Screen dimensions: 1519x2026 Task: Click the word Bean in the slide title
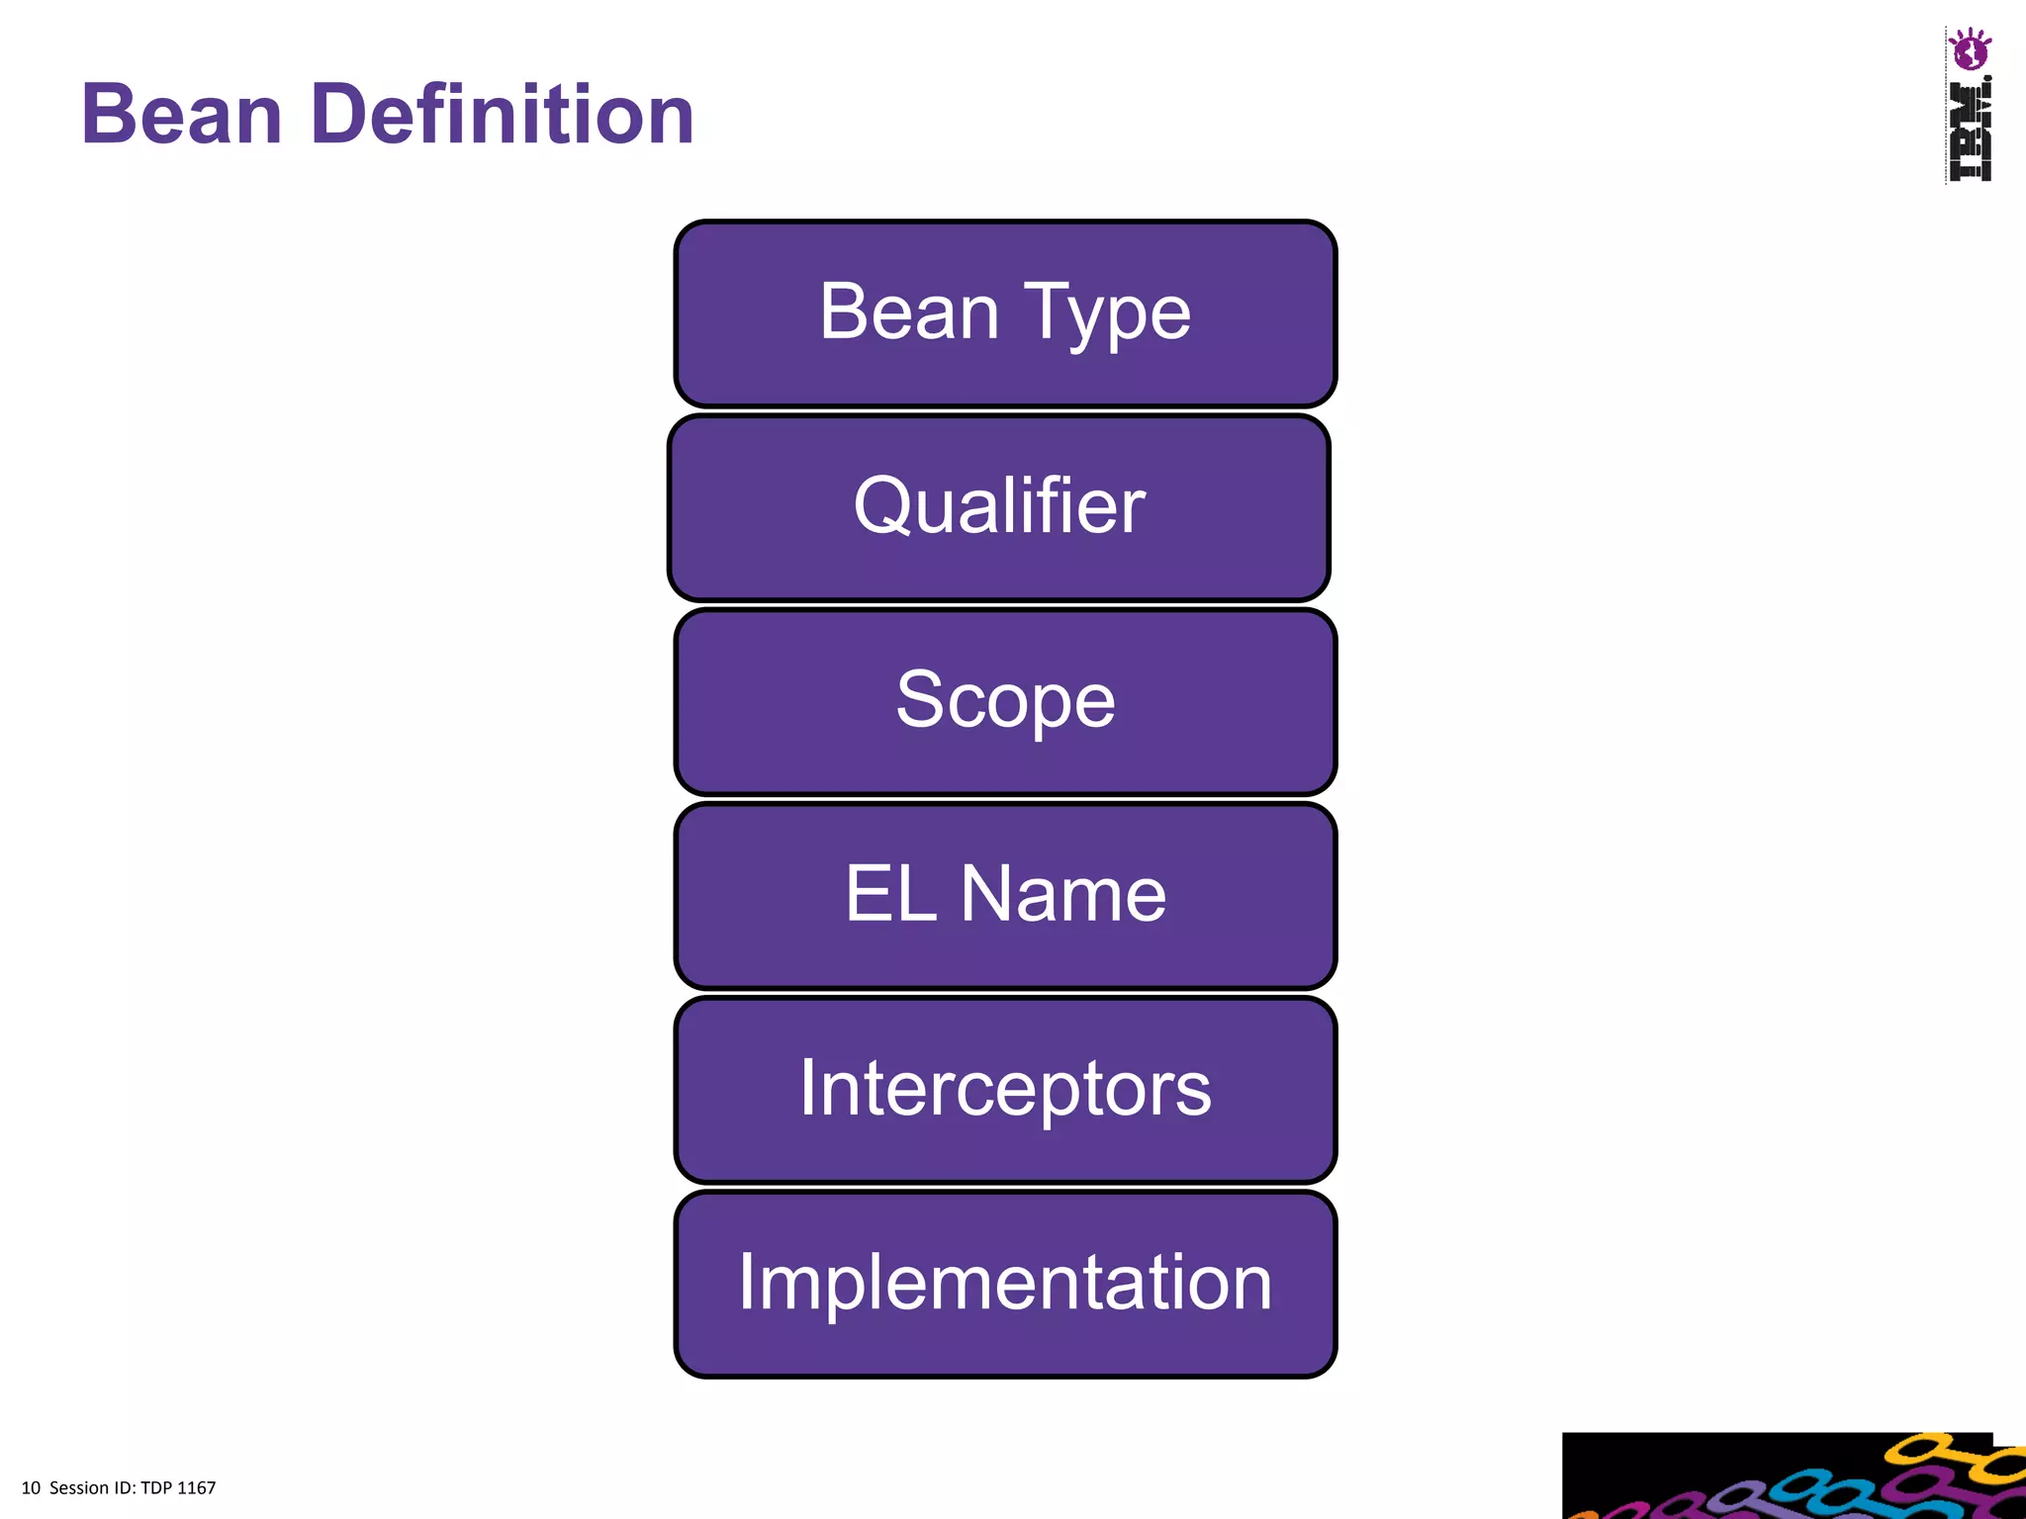pyautogui.click(x=182, y=115)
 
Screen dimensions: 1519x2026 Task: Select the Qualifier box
pyautogui.click(x=999, y=507)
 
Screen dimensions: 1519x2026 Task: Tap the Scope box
pyautogui.click(x=1005, y=701)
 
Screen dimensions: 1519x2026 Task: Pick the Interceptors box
pyautogui.click(x=1005, y=1089)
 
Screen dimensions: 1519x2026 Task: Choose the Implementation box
pyautogui.click(x=1005, y=1283)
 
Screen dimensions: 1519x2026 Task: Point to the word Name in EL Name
pyautogui.click(x=1063, y=894)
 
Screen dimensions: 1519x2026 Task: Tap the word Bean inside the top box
pyautogui.click(x=909, y=313)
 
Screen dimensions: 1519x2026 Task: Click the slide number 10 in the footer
pyautogui.click(x=31, y=1488)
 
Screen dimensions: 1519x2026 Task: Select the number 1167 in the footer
pyautogui.click(x=197, y=1488)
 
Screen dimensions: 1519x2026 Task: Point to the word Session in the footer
pyautogui.click(x=79, y=1488)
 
